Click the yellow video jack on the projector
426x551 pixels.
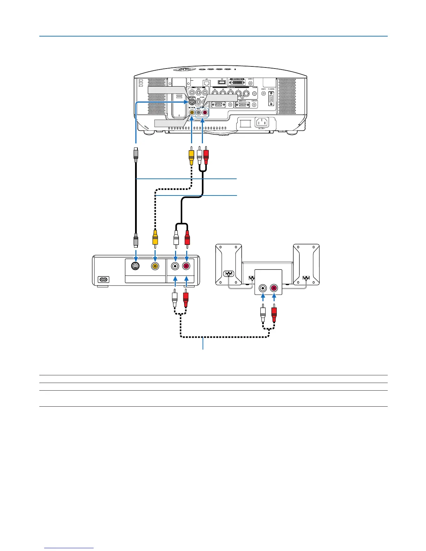pyautogui.click(x=192, y=112)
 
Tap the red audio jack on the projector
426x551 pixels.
pyautogui.click(x=205, y=112)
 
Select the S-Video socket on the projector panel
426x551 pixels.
pyautogui.click(x=192, y=102)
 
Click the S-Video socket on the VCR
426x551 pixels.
pyautogui.click(x=136, y=266)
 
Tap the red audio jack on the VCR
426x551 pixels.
pyautogui.click(x=187, y=266)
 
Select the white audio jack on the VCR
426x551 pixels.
pyautogui.click(x=175, y=266)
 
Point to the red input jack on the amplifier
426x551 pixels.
pyautogui.click(x=274, y=288)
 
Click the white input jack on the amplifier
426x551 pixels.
pyautogui.click(x=263, y=288)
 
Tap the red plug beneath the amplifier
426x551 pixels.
pyautogui.click(x=274, y=313)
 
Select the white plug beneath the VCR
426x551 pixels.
pyautogui.click(x=175, y=298)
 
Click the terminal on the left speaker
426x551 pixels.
pyautogui.click(x=229, y=273)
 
